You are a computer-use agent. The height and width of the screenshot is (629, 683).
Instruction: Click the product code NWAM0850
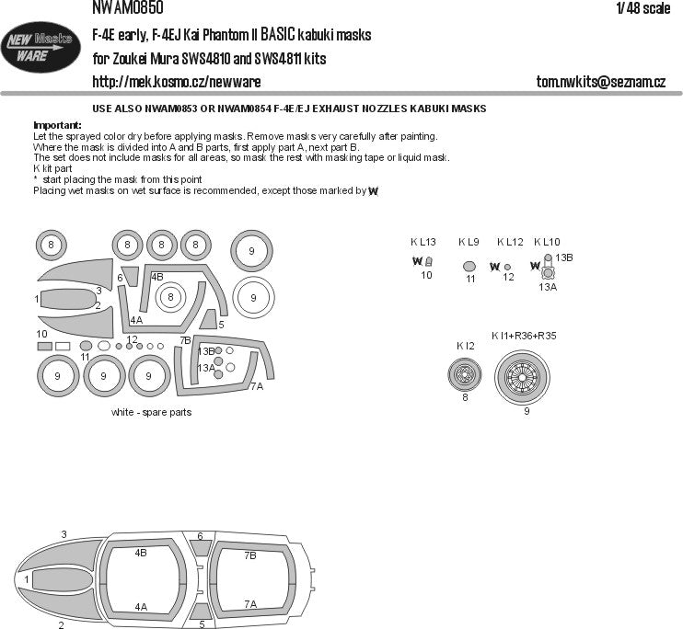click(x=127, y=8)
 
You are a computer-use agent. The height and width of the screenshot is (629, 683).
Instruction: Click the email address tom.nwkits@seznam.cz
click(x=600, y=82)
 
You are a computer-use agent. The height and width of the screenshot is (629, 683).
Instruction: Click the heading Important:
click(x=57, y=125)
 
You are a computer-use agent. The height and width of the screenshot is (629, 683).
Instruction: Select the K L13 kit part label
click(x=423, y=242)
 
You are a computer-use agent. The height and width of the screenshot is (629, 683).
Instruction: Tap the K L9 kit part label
click(x=469, y=242)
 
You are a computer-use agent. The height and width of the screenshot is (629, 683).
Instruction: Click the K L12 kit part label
click(x=509, y=242)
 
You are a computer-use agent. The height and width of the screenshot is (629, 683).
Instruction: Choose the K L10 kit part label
click(x=546, y=242)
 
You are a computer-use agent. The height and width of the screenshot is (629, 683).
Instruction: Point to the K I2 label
click(x=465, y=346)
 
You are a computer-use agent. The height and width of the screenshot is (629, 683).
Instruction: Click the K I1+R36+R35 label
click(x=524, y=336)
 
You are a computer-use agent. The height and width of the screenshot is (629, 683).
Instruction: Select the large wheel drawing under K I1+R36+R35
click(x=526, y=378)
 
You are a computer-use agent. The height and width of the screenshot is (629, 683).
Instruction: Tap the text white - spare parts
click(x=151, y=412)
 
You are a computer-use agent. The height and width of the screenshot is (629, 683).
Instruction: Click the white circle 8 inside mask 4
click(x=170, y=297)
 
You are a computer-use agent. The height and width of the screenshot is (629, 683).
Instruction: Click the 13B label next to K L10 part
click(x=563, y=259)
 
